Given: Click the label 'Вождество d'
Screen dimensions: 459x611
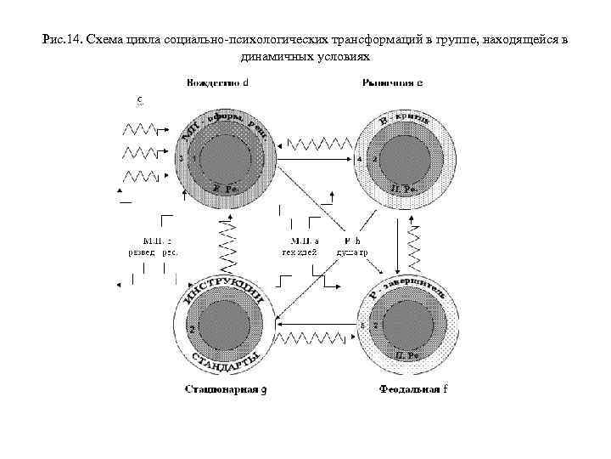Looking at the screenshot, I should pyautogui.click(x=217, y=83).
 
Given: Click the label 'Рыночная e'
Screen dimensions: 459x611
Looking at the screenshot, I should pyautogui.click(x=393, y=83).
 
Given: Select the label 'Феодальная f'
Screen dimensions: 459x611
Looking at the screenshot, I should pyautogui.click(x=411, y=390).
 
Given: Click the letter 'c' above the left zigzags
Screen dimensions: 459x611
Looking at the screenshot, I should pyautogui.click(x=140, y=99).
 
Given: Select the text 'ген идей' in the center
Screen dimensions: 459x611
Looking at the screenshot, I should pyautogui.click(x=300, y=252).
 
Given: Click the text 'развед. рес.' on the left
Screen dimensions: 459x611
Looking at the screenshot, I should pyautogui.click(x=152, y=252).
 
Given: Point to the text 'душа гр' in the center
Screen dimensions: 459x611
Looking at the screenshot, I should pyautogui.click(x=352, y=252).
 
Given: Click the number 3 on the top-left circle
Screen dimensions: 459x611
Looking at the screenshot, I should pyautogui.click(x=181, y=159).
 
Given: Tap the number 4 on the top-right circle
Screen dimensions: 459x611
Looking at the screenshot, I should pyautogui.click(x=360, y=159).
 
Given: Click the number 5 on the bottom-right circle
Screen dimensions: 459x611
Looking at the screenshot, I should pyautogui.click(x=362, y=326).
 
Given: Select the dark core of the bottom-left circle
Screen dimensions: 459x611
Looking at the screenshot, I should pyautogui.click(x=224, y=326).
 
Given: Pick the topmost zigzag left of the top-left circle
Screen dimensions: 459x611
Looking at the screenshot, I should pyautogui.click(x=141, y=128).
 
